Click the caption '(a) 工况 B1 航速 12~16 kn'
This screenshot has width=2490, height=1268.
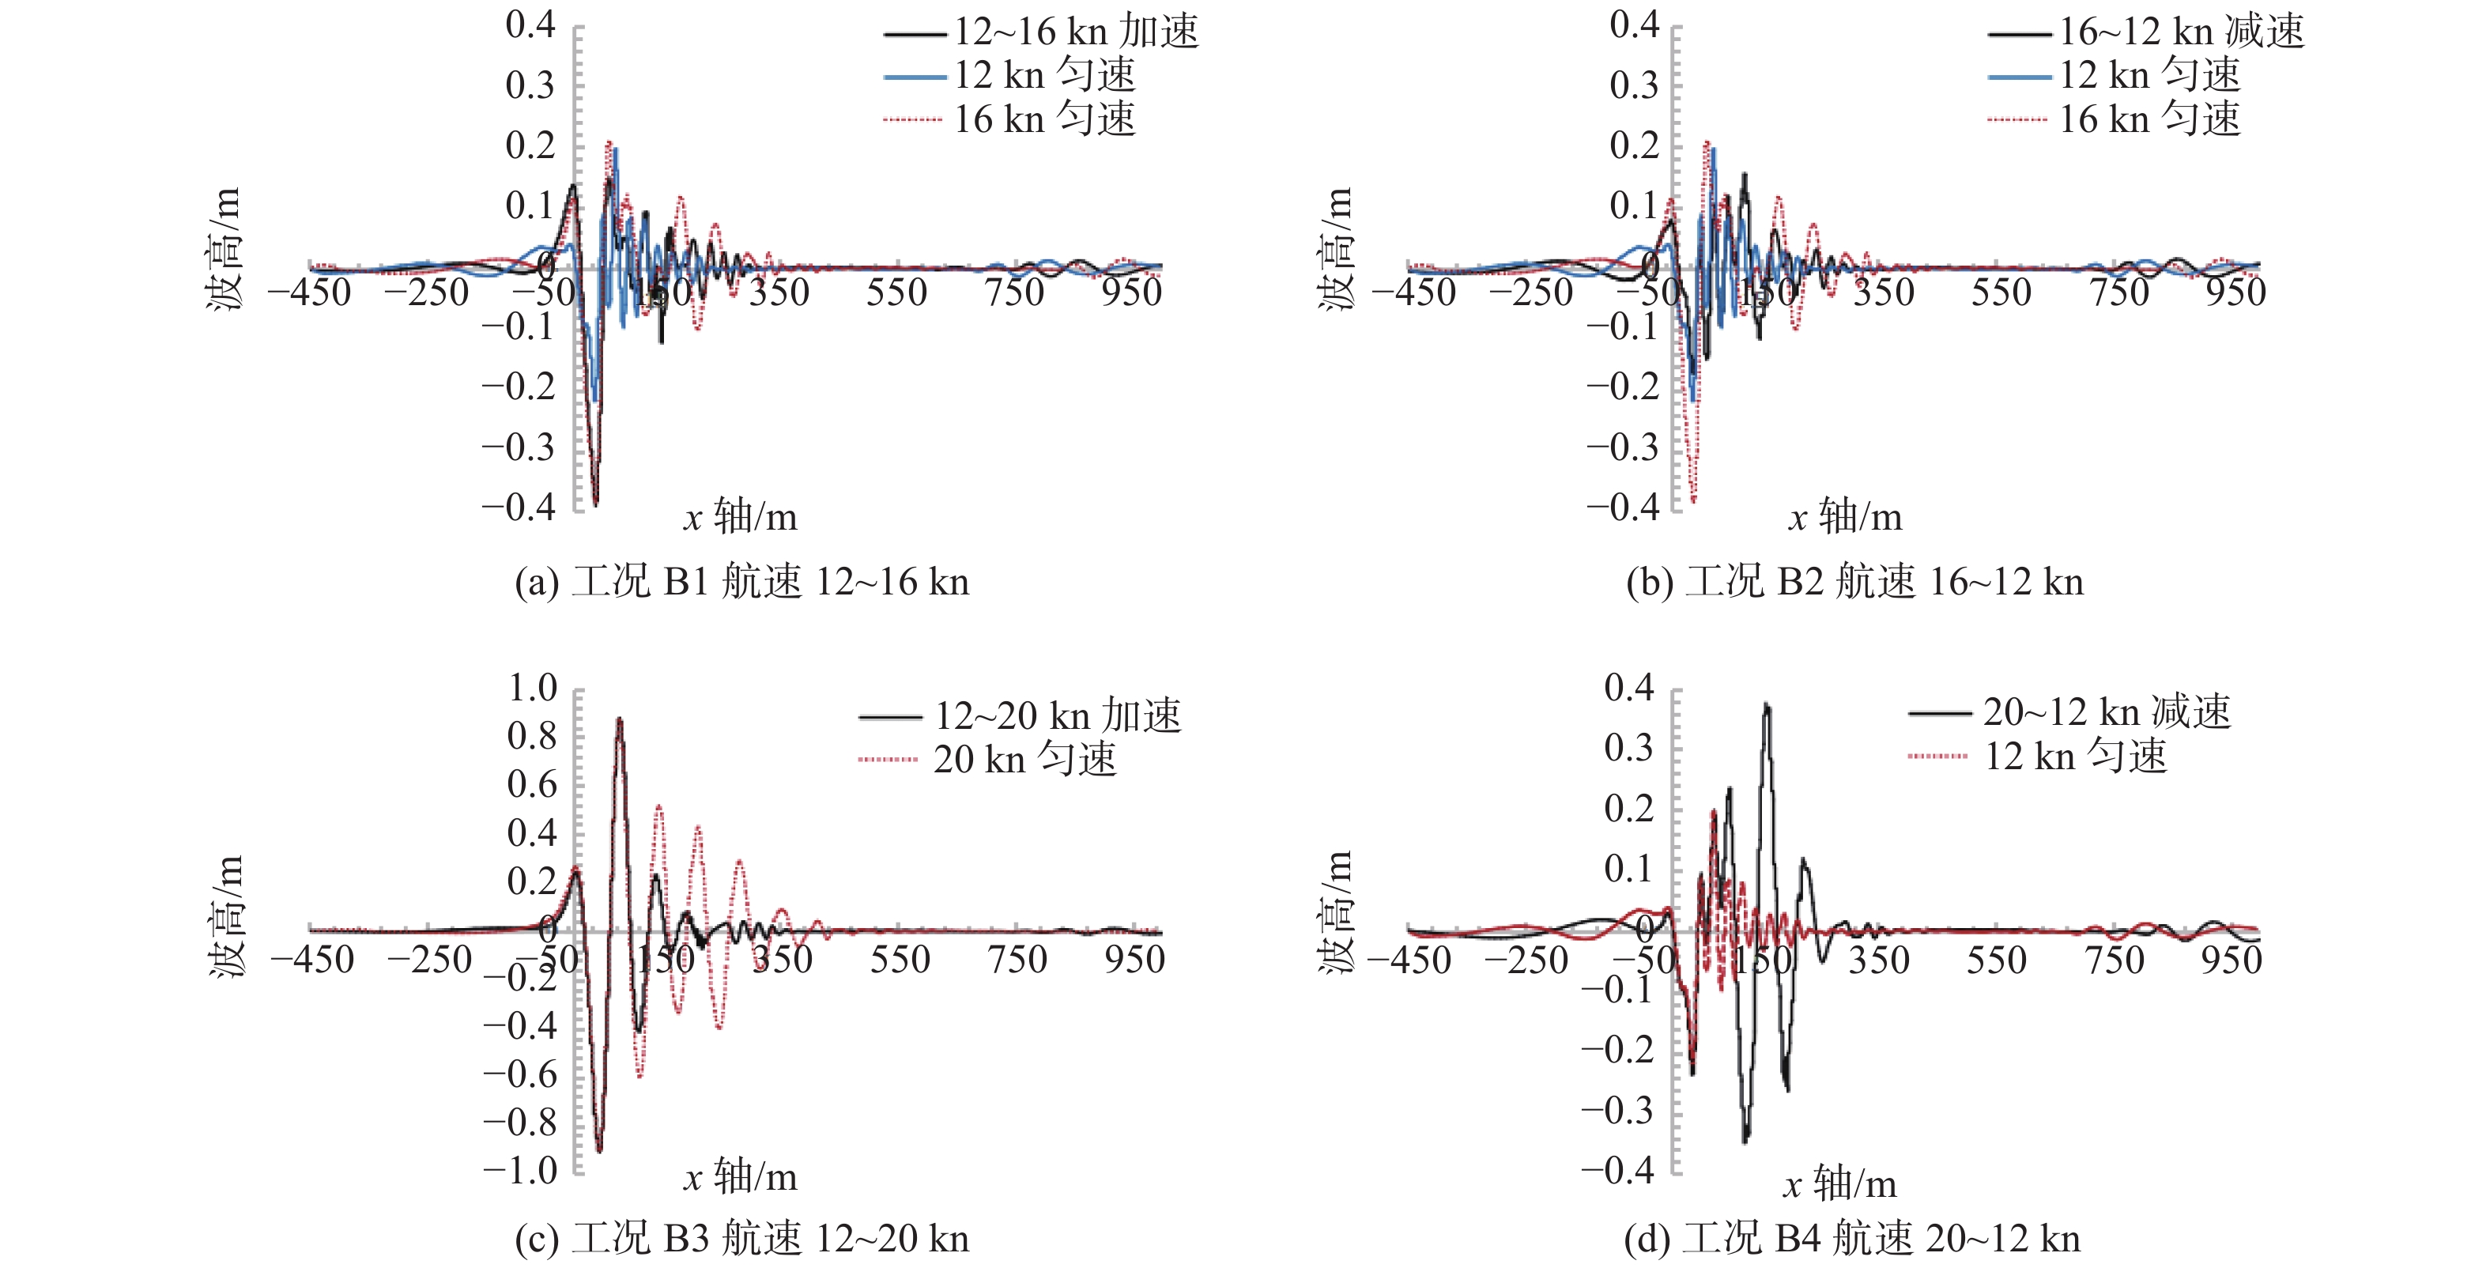[741, 582]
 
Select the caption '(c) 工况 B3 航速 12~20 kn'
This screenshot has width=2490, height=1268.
[741, 1238]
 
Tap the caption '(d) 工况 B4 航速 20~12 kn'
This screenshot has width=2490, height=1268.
[1851, 1238]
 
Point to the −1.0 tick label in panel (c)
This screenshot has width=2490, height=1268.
[520, 1171]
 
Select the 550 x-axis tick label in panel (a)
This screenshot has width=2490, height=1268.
[896, 292]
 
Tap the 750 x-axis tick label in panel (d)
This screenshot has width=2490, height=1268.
[2114, 960]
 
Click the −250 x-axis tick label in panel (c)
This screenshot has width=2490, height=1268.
[429, 960]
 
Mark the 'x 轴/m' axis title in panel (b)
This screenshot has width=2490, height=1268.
[1844, 518]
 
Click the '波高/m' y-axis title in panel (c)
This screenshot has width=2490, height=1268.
[226, 915]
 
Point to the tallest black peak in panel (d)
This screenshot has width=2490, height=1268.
[1767, 705]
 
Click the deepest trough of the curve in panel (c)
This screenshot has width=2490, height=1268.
[599, 1150]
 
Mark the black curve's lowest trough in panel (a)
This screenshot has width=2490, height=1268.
[595, 504]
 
